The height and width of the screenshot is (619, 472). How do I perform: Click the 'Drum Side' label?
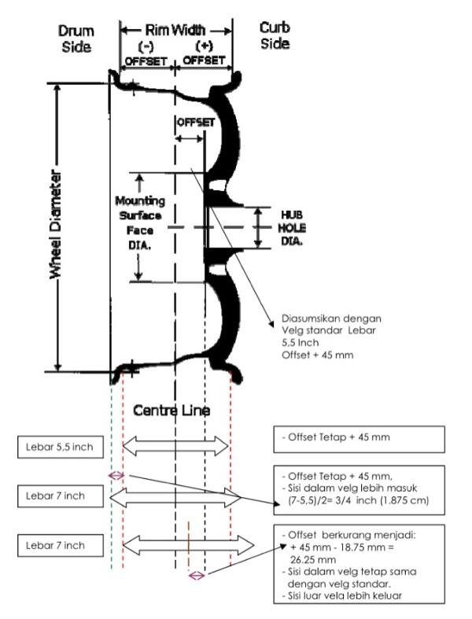76,39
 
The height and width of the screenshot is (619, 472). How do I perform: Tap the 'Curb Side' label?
275,36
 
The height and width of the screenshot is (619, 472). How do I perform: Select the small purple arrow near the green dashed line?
116,475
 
